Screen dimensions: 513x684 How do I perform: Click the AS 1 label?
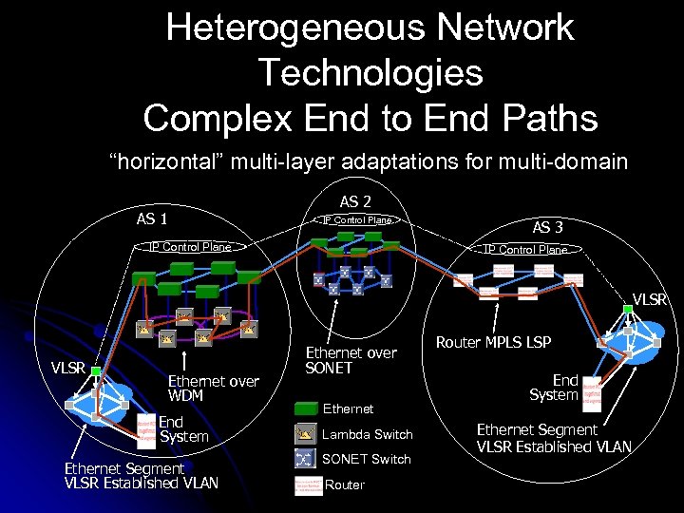coord(152,218)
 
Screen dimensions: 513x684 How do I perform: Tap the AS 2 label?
coord(355,201)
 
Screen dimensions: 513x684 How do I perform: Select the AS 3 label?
coord(547,228)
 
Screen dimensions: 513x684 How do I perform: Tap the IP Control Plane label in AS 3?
coord(525,249)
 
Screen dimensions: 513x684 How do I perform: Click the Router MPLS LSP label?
coord(493,342)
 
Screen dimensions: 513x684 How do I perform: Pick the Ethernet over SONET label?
coord(351,360)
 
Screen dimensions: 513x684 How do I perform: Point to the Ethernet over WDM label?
coord(213,388)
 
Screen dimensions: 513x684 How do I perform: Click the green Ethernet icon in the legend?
coord(305,408)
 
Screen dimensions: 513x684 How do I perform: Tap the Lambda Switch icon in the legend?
coord(305,434)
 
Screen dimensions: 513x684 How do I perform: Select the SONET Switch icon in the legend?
coord(305,459)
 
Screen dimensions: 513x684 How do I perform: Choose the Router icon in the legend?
coord(305,484)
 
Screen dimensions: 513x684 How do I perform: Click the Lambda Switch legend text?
coord(369,434)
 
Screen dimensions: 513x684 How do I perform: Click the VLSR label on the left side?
coord(68,368)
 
